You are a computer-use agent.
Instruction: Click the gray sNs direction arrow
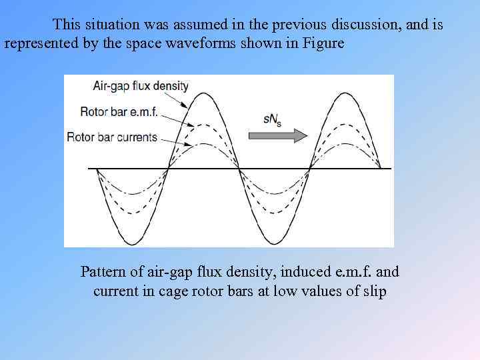click(x=277, y=135)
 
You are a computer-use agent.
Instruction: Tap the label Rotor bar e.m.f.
click(x=119, y=111)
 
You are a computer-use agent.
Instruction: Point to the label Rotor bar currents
click(x=112, y=137)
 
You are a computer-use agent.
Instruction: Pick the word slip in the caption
click(x=373, y=291)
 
